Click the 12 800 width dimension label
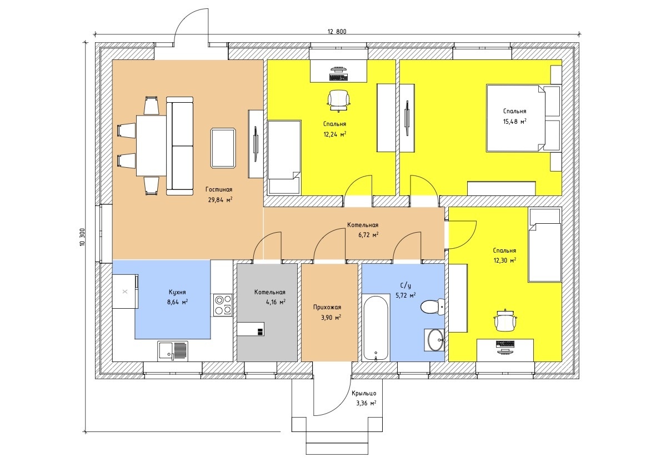coord(337,31)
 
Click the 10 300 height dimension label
coord(82,238)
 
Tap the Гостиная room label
coord(219,190)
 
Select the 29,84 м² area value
coord(220,200)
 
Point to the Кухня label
coord(177,292)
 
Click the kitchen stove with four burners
coord(223,305)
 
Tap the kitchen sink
coord(173,351)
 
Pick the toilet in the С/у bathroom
coord(433,307)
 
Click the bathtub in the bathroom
coord(375,328)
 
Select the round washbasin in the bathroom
coord(434,340)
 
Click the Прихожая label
coord(327,307)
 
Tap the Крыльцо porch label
coord(364,393)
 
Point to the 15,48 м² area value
coord(515,122)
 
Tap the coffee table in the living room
coord(223,148)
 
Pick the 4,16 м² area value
coord(276,302)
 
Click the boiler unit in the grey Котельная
coord(251,329)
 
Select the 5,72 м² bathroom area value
coord(405,295)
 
